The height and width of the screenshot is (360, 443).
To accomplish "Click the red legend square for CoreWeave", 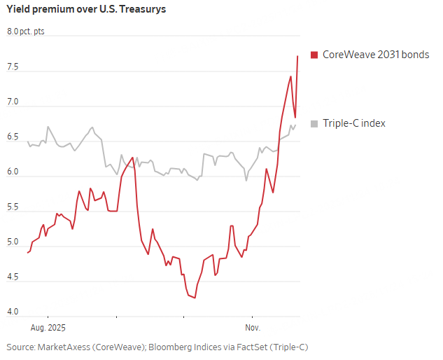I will [x=314, y=55].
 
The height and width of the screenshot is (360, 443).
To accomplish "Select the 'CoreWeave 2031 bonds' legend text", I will [x=375, y=55].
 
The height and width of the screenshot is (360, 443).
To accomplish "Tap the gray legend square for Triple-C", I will [x=314, y=123].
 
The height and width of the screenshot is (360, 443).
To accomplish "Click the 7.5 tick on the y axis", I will [x=13, y=68].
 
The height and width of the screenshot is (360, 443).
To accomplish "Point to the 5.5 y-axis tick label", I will [x=13, y=208].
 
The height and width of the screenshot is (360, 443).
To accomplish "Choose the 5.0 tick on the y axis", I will [x=13, y=243].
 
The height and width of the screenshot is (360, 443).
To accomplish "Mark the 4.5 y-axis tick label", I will [x=13, y=278].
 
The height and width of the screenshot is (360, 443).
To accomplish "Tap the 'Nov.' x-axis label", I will [x=253, y=327].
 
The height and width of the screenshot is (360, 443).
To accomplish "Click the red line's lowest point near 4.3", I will [x=194, y=298].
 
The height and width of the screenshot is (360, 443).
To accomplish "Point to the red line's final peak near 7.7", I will [x=298, y=56].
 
